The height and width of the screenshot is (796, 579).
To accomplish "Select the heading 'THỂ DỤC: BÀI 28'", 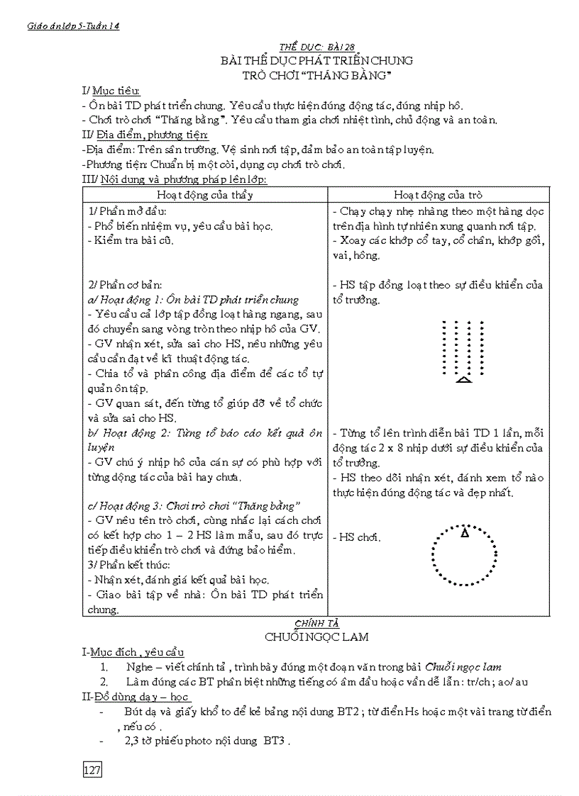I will pyautogui.click(x=316, y=47).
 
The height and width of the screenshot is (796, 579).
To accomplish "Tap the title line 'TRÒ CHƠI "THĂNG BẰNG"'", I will pyautogui.click(x=317, y=74).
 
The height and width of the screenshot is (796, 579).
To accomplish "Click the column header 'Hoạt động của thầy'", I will pyautogui.click(x=205, y=195).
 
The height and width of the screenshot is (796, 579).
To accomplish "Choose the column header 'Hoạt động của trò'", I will pyautogui.click(x=438, y=195).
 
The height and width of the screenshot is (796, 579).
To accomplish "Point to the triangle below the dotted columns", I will pyautogui.click(x=463, y=380).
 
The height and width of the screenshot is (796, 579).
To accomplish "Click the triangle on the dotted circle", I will pyautogui.click(x=465, y=532).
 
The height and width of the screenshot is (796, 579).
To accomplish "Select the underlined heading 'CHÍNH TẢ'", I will pyautogui.click(x=316, y=622).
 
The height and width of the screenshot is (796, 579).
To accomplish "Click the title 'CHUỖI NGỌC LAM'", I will pyautogui.click(x=316, y=637).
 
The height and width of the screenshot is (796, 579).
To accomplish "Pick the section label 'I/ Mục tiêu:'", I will pyautogui.click(x=111, y=91).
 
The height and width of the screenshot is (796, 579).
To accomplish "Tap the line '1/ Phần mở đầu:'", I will pyautogui.click(x=128, y=211).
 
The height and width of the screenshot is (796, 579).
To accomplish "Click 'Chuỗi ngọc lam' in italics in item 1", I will pyautogui.click(x=463, y=667).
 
